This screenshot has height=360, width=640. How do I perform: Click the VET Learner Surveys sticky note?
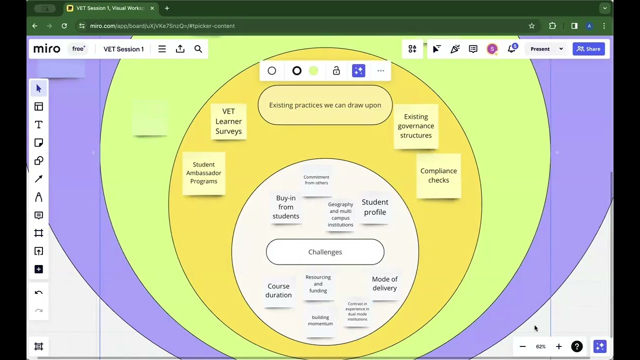coord(228,121)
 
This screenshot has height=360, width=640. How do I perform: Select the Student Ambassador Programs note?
coord(204,173)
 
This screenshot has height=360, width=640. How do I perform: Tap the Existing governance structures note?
coord(416,126)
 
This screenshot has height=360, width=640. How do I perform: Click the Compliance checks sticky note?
coord(438,175)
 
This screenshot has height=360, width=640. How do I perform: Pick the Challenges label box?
coord(325,252)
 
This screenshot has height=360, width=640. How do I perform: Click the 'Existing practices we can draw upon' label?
coord(325,105)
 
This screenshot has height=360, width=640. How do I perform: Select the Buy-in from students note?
coord(286,207)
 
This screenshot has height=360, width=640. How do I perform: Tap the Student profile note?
coord(375,207)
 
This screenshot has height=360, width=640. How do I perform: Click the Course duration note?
coord(278,290)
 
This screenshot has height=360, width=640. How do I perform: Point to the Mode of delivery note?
coord(384,283)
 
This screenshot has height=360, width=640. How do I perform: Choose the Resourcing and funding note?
coord(318,284)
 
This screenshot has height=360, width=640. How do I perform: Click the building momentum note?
coord(320,320)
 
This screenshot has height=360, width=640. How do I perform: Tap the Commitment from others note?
coord(316,180)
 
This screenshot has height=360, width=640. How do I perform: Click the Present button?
coord(540,49)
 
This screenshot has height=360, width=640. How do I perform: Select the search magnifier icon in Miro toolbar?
coord(198,49)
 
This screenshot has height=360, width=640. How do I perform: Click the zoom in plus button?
coord(559,346)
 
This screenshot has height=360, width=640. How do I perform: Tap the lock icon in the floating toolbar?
coord(336,71)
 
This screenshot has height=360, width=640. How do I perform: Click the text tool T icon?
coord(38,124)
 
